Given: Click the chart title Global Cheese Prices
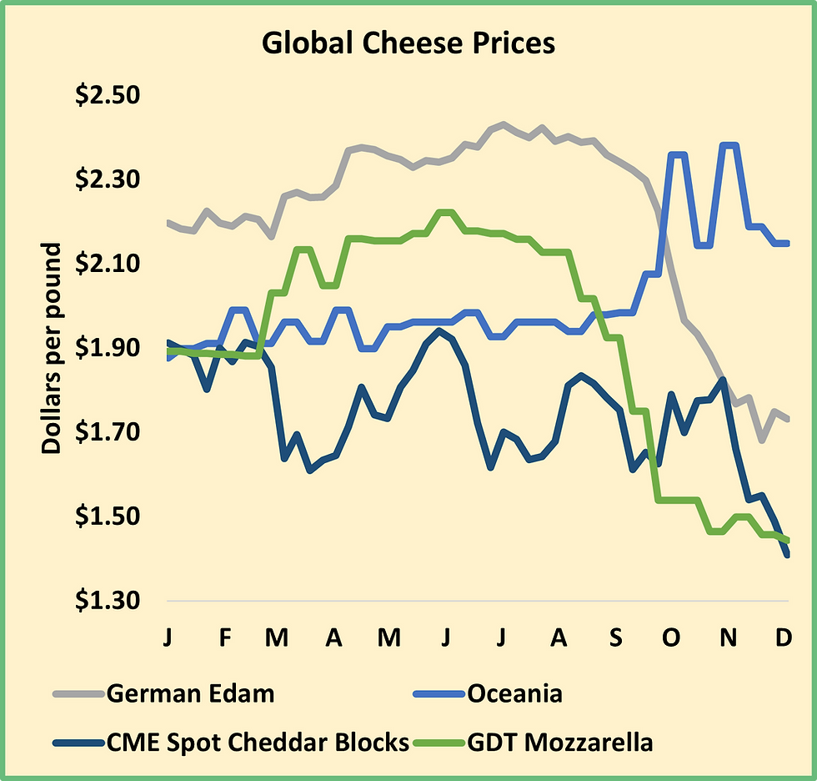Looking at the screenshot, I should coord(408,43).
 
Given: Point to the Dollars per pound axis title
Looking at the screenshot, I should coord(52,348).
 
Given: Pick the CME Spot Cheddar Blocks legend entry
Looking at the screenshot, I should coord(258,742).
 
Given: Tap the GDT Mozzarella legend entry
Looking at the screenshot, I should coord(560,742).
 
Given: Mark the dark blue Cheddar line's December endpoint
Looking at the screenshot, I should coord(786,555).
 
